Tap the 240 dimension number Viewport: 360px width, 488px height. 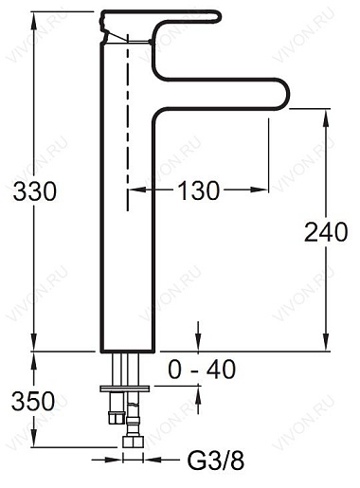coord(326,230)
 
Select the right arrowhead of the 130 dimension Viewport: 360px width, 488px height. coord(267,190)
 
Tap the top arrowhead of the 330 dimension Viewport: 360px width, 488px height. coord(35,17)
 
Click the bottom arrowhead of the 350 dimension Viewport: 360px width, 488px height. coord(35,445)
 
